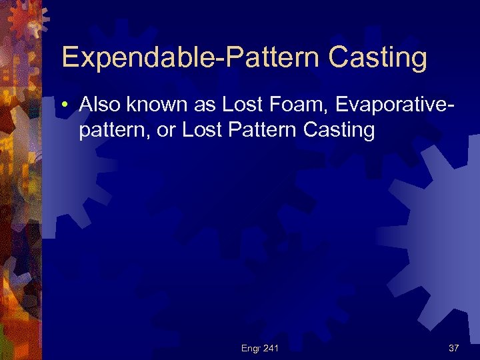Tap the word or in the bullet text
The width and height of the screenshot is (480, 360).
pos(165,129)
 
